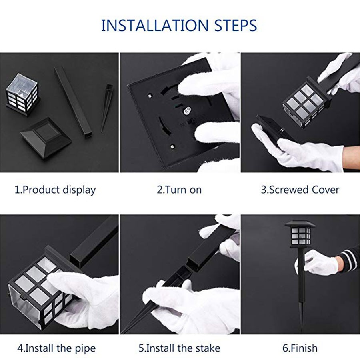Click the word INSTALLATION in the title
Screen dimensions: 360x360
(x=154, y=26)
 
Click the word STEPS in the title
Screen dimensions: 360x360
(x=236, y=26)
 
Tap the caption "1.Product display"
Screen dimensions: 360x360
(x=55, y=190)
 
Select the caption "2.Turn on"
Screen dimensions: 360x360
(x=179, y=190)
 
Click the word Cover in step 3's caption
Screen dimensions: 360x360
(x=325, y=190)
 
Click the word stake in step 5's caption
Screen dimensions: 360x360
(x=208, y=348)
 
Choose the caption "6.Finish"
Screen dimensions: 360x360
(x=300, y=348)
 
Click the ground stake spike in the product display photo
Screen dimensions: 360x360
(x=106, y=108)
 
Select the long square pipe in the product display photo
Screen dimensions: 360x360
(x=74, y=102)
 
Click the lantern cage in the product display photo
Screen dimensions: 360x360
(x=22, y=94)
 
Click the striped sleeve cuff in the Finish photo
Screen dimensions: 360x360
(x=349, y=260)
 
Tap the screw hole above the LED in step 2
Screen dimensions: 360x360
(x=150, y=95)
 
